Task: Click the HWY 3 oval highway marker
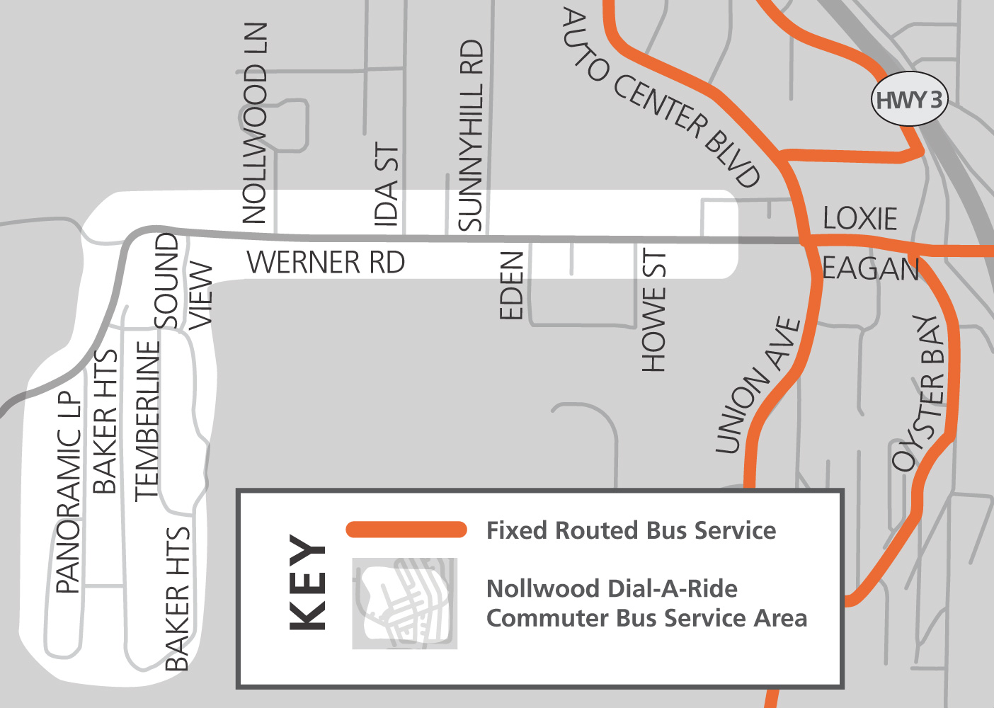tap(909, 99)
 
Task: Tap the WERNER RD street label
tap(326, 263)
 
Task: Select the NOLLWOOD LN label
tap(255, 123)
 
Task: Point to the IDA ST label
tap(387, 185)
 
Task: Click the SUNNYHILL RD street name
tap(470, 135)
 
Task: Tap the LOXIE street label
tap(859, 219)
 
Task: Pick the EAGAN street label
tap(870, 269)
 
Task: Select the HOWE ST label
tap(653, 310)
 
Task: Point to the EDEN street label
tap(511, 285)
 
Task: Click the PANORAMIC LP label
tap(69, 492)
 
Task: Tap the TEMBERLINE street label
tap(147, 421)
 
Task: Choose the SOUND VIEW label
tap(183, 281)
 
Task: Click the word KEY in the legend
tap(308, 582)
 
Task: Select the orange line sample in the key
tap(406, 530)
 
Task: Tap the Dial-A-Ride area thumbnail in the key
tap(405, 603)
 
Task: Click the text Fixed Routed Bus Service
tap(631, 530)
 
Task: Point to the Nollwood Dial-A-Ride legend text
tap(646, 603)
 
